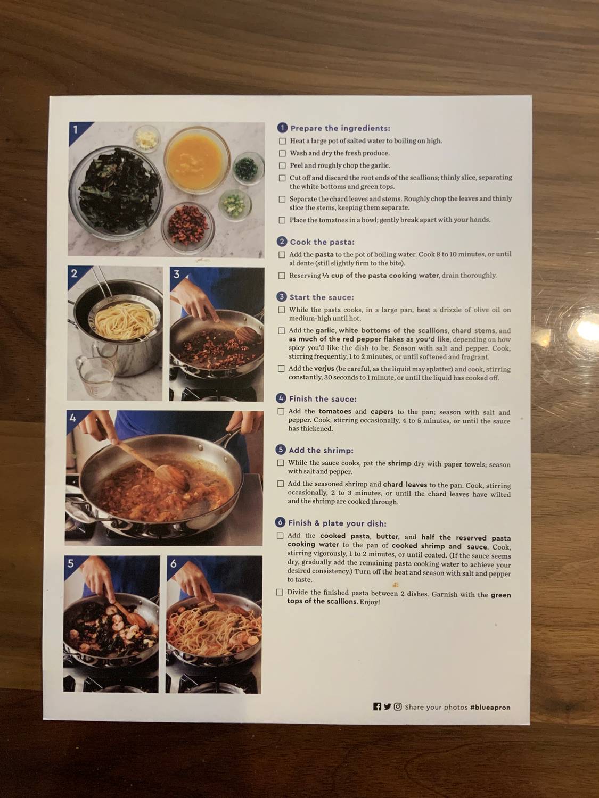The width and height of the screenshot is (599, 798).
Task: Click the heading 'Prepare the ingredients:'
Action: [340, 128]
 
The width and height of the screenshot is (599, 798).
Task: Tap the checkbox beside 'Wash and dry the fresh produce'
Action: [282, 153]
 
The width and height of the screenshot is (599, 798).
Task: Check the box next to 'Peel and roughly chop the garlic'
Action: [282, 165]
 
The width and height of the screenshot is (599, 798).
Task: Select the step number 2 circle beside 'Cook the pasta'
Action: [282, 242]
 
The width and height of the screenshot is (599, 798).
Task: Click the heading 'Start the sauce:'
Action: [321, 297]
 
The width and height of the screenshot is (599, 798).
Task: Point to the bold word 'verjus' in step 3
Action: [324, 369]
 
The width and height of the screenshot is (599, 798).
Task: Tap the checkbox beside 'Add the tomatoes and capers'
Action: [281, 411]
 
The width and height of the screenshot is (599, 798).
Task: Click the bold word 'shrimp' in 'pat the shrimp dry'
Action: [399, 463]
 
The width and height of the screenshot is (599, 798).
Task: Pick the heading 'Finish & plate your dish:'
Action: [337, 523]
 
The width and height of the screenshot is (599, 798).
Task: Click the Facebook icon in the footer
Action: [377, 706]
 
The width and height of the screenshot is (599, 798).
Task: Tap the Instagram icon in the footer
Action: [398, 706]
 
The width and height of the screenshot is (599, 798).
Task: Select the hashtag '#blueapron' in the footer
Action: [490, 707]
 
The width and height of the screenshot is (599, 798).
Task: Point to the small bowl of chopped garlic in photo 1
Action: [146, 138]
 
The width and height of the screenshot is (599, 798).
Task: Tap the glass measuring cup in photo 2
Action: [95, 377]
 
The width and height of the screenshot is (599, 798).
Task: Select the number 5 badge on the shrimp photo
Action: [71, 563]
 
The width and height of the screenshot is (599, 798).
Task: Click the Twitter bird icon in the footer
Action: [387, 706]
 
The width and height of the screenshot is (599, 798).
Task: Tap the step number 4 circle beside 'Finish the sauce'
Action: [281, 398]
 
